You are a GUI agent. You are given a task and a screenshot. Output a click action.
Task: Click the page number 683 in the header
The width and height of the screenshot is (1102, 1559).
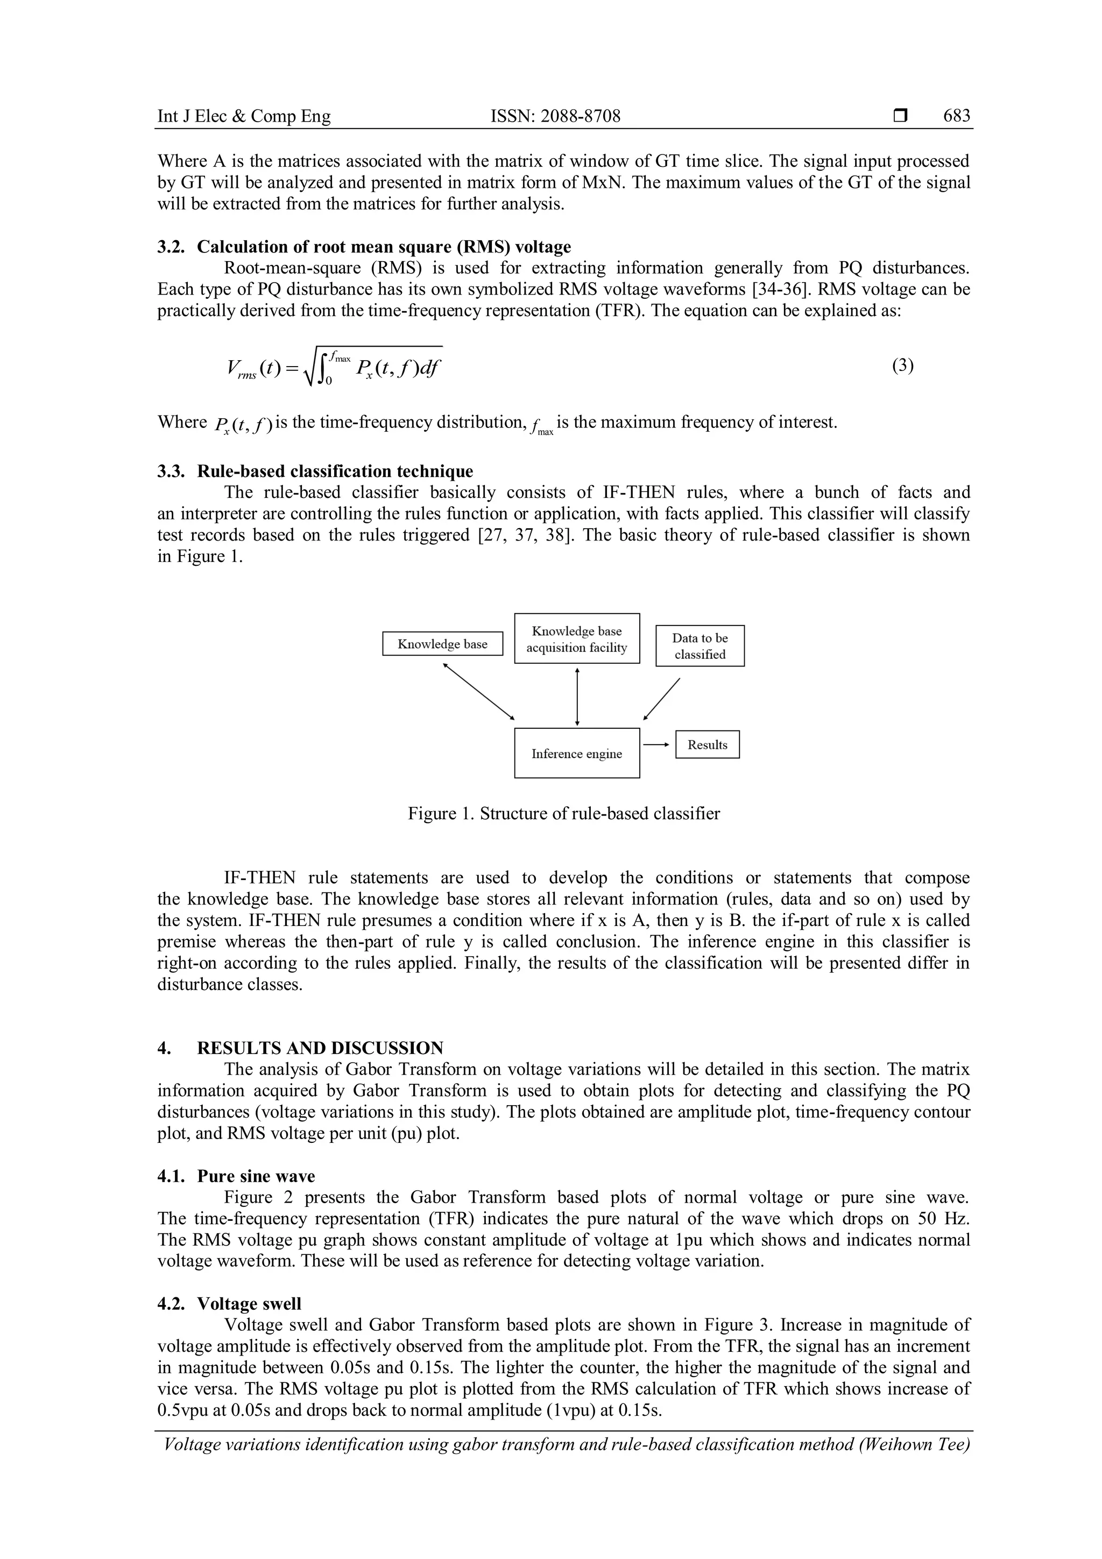pyautogui.click(x=956, y=116)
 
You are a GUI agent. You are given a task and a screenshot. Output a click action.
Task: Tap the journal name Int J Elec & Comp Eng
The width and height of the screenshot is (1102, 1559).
pyautogui.click(x=244, y=116)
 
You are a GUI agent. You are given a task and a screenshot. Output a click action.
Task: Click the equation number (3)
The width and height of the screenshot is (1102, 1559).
pyautogui.click(x=902, y=366)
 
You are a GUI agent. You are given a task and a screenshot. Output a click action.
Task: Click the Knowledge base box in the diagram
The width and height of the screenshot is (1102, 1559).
pyautogui.click(x=442, y=644)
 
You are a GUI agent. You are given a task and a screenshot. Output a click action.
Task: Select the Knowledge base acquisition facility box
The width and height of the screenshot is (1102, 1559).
pyautogui.click(x=577, y=639)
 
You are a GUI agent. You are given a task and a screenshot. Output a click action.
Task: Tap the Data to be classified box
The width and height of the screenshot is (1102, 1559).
pyautogui.click(x=700, y=646)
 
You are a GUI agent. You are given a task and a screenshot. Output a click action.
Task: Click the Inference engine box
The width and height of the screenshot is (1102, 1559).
pyautogui.click(x=577, y=753)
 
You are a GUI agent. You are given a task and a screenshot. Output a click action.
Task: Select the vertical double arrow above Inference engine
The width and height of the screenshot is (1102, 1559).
pyautogui.click(x=577, y=697)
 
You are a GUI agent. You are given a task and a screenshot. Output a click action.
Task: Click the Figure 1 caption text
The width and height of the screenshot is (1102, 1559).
pyautogui.click(x=563, y=813)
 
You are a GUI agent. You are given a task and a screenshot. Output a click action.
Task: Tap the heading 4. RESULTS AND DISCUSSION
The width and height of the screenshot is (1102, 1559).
pyautogui.click(x=301, y=1048)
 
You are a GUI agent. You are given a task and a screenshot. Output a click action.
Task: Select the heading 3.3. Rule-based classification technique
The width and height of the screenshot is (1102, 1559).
pyautogui.click(x=315, y=471)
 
